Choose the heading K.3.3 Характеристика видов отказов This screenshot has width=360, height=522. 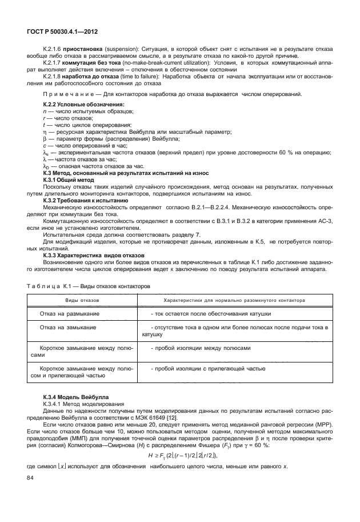94,254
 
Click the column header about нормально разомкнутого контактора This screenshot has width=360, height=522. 234,300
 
